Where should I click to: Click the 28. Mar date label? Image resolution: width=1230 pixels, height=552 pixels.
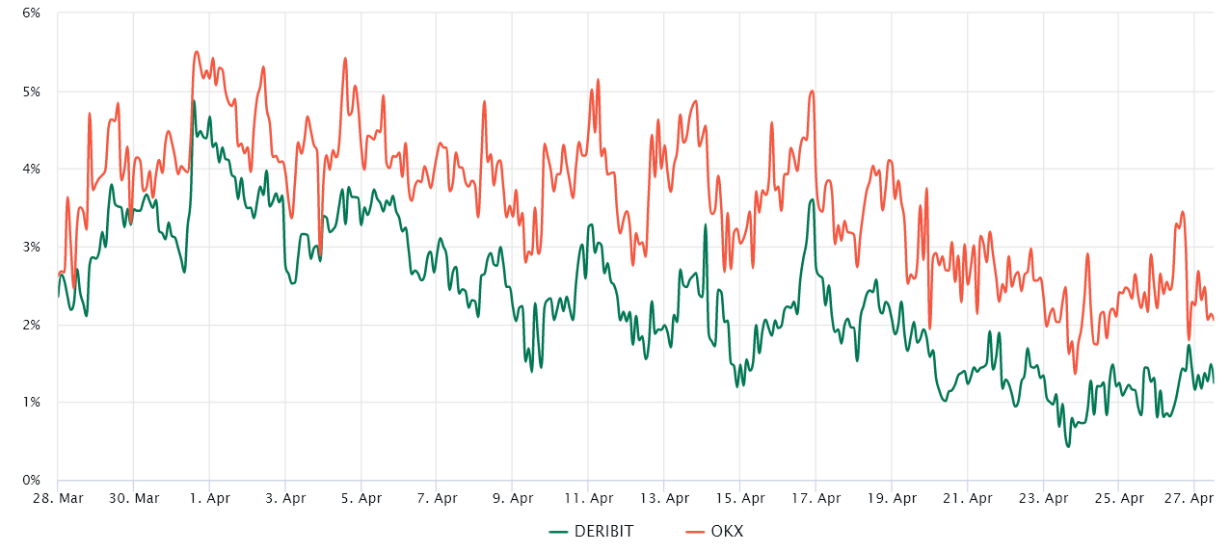57,498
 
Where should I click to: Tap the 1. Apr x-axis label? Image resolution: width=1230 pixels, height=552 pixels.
209,498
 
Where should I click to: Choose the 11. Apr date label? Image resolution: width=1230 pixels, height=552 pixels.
588,498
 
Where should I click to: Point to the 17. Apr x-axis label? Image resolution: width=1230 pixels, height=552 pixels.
816,498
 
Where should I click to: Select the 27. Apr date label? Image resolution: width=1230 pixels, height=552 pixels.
1194,498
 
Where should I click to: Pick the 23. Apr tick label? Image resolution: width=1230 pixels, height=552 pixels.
1043,498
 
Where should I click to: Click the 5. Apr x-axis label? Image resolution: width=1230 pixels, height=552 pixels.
361,498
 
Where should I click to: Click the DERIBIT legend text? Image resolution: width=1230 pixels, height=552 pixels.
603,531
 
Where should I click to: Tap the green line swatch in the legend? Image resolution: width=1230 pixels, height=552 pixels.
559,531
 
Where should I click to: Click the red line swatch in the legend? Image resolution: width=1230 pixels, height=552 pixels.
694,531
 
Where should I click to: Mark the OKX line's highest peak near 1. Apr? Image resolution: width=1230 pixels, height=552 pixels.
196,52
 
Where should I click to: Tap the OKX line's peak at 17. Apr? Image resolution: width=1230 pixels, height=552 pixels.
812,92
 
